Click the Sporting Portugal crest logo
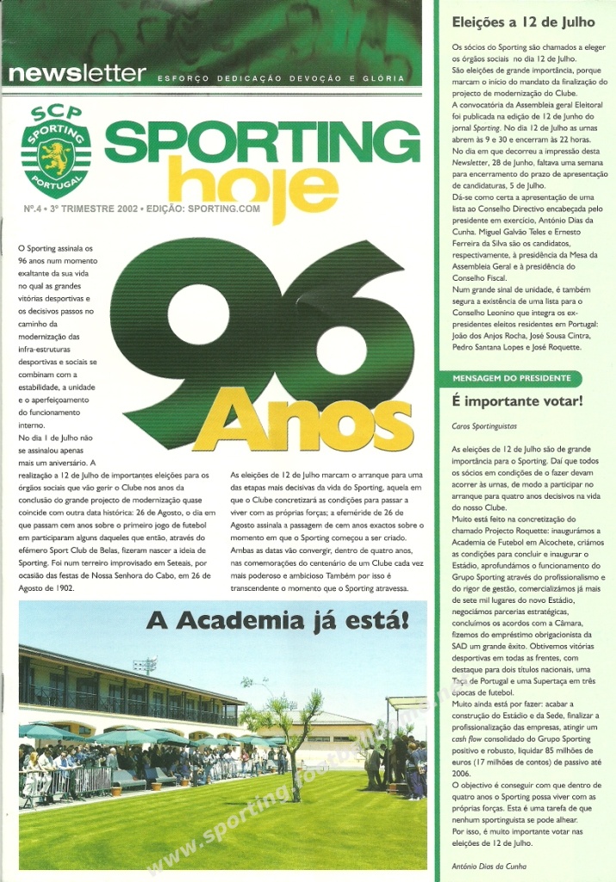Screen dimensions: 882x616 pyautogui.click(x=55, y=152)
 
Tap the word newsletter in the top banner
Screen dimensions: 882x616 pyautogui.click(x=78, y=74)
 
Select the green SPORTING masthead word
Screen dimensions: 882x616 pyautogui.click(x=262, y=142)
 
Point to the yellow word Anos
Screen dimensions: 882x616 pyautogui.click(x=302, y=419)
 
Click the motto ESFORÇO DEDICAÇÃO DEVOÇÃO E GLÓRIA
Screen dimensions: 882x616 pyautogui.click(x=280, y=78)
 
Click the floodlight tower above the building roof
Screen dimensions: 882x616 pyautogui.click(x=144, y=665)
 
